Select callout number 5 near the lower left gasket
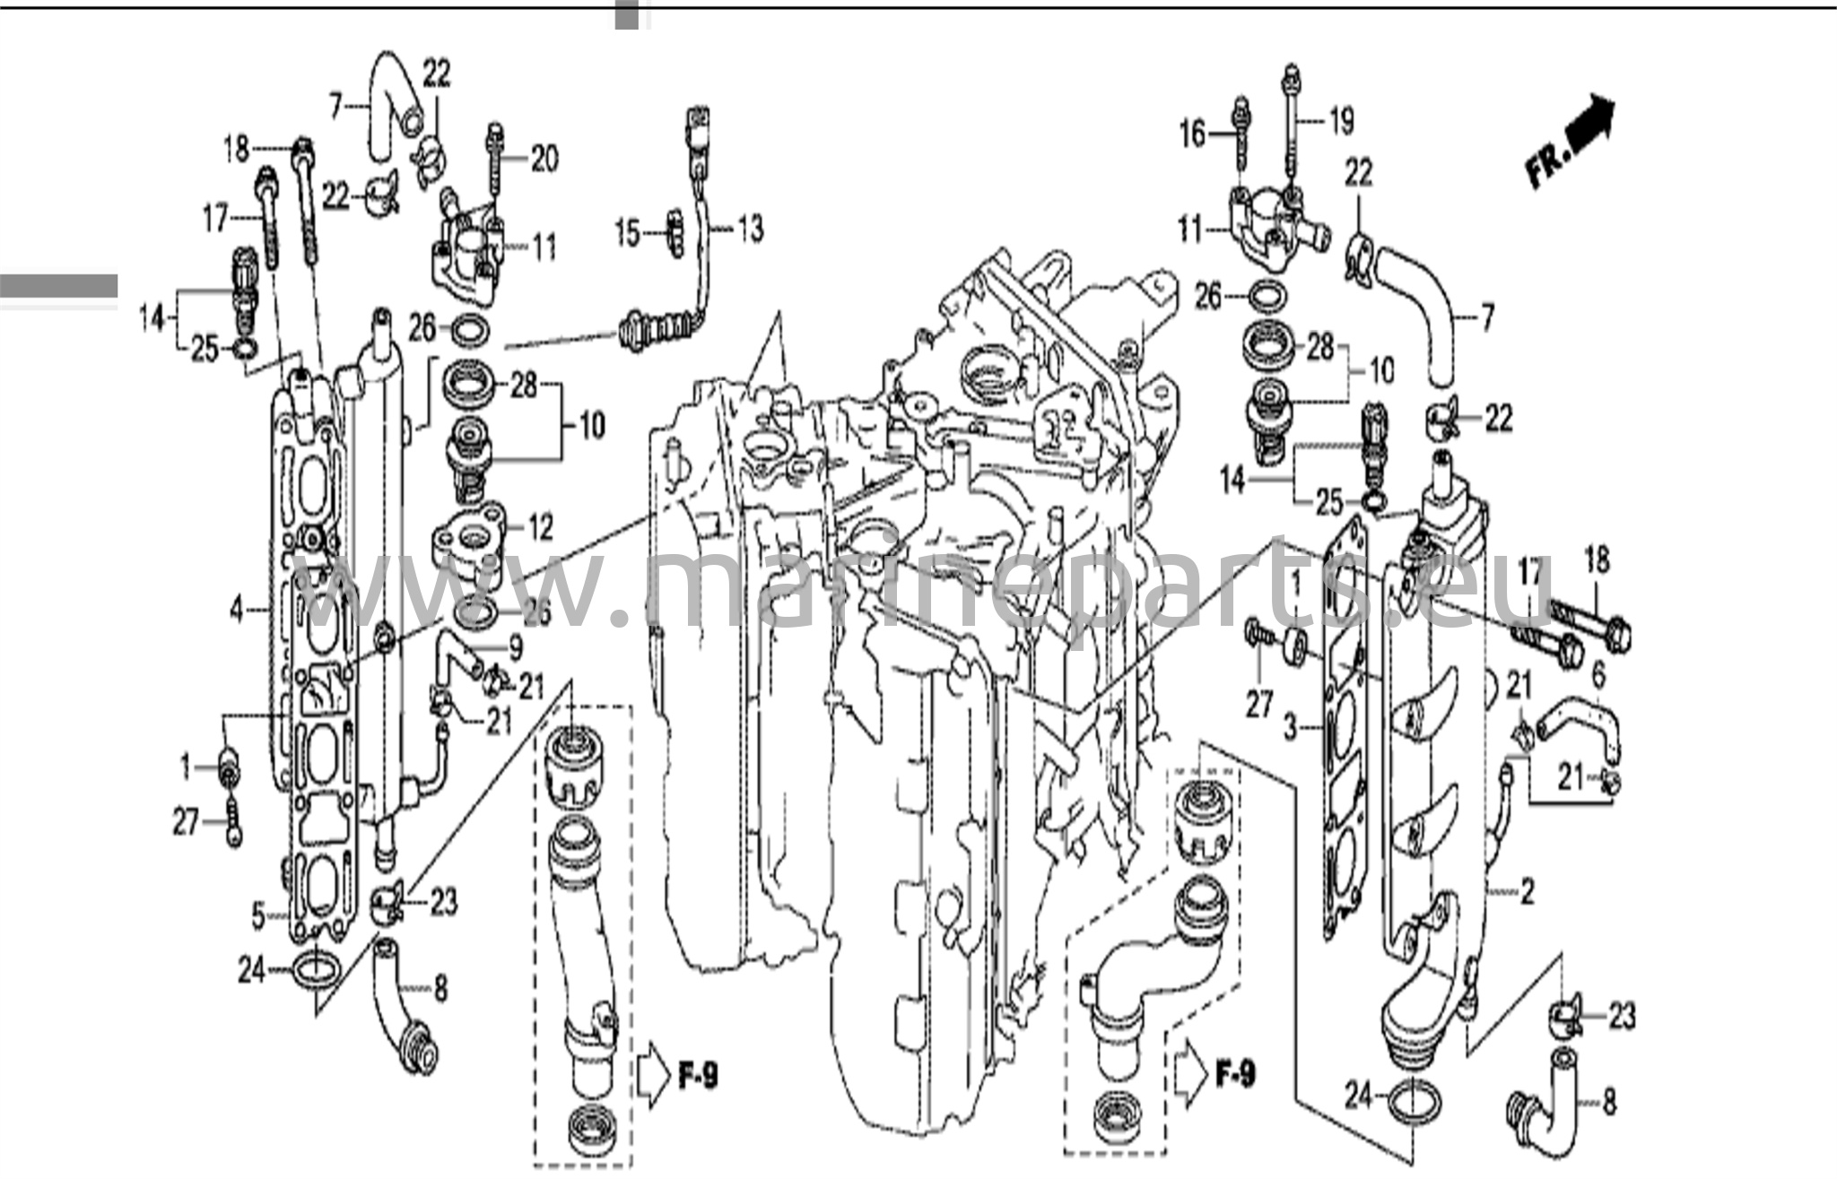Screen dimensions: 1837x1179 click(x=258, y=915)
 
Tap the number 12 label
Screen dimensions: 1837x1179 click(x=540, y=528)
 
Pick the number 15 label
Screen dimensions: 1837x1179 click(x=628, y=234)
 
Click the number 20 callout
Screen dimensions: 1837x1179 click(x=544, y=160)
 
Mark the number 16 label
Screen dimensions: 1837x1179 click(x=1193, y=134)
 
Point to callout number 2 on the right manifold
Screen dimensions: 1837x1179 click(x=1527, y=890)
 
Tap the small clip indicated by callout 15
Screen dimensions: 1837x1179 click(x=673, y=233)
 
